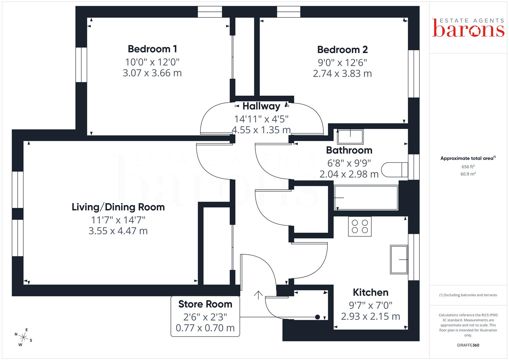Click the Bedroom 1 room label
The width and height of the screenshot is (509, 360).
coord(152,49)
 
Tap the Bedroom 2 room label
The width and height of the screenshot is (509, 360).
coord(342,50)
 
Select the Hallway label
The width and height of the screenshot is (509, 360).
coord(261,106)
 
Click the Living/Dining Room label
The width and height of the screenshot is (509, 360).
coord(118,207)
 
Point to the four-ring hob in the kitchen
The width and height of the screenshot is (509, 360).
coord(360,226)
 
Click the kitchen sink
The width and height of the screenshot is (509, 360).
coord(399,259)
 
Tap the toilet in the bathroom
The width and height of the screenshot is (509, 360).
coord(395,170)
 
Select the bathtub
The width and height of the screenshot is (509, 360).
coord(366,198)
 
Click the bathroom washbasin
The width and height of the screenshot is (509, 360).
coord(350,137)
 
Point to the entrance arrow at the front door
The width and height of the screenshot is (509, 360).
coord(258,295)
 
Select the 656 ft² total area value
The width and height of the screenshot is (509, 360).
coord(468,167)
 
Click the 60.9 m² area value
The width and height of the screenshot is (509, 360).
coord(468,174)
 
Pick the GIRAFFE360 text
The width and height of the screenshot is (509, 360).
coord(468,345)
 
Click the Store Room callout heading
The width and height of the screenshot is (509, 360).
coord(205,304)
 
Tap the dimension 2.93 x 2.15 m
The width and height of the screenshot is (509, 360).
coord(371,316)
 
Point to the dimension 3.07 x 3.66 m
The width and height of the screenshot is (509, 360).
coord(152,73)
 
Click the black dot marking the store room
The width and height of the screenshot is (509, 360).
coord(318,317)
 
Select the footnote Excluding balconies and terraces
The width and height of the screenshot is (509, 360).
coord(468,295)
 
